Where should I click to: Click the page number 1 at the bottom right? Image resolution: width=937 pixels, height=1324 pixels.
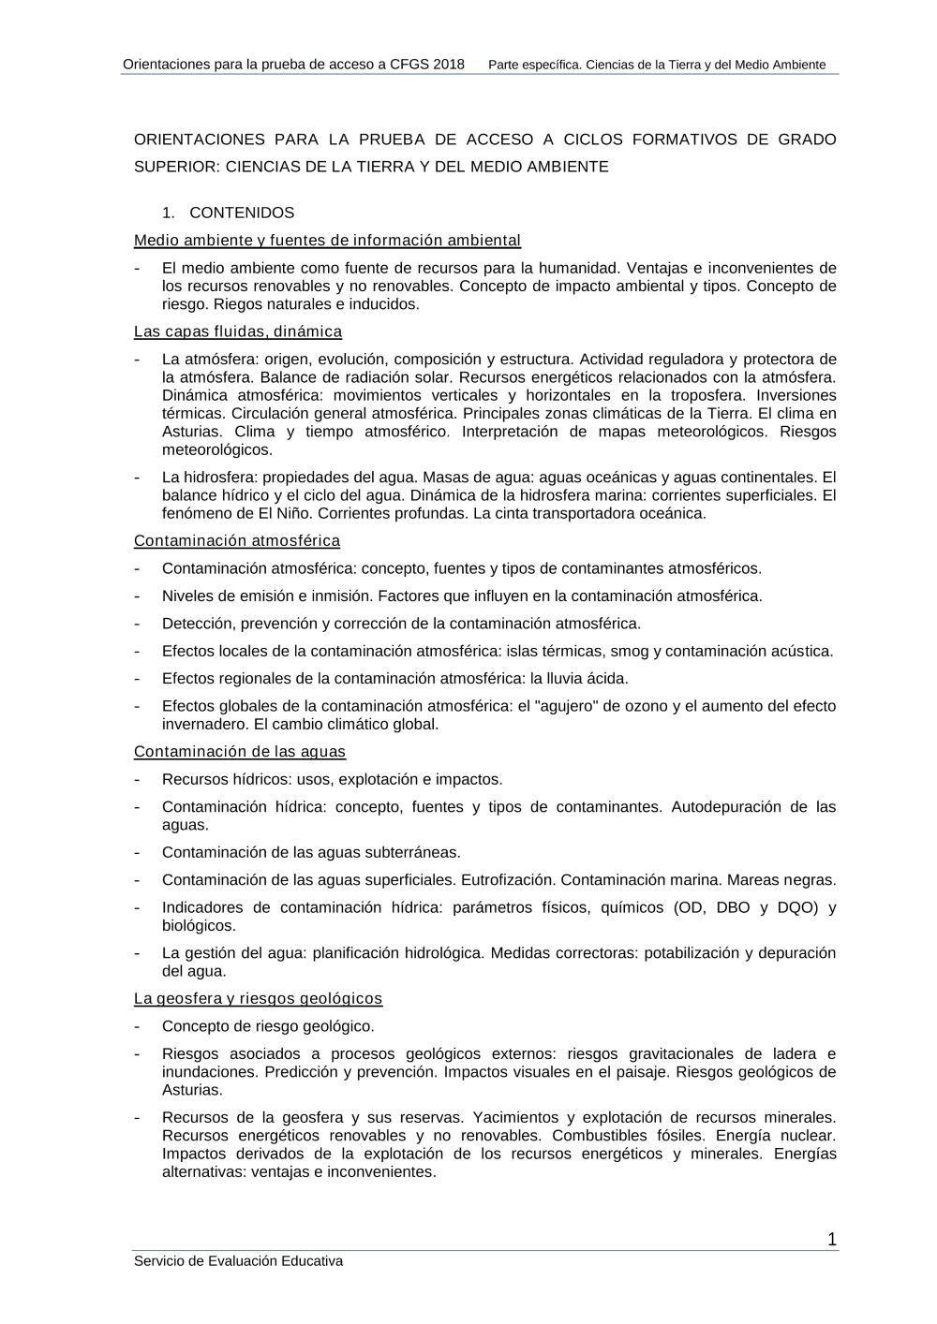(x=832, y=1241)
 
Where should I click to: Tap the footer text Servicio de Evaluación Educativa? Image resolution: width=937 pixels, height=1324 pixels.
(x=238, y=1261)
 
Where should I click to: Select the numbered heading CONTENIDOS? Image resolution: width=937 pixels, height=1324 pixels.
(x=242, y=213)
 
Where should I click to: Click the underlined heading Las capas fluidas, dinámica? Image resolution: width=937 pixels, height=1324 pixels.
(x=238, y=331)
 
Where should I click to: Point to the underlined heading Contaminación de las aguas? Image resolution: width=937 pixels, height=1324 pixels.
(x=240, y=752)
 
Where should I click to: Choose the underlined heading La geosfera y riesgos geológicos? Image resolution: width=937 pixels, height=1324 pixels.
(x=258, y=999)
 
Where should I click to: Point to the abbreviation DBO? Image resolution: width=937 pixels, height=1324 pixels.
(x=733, y=907)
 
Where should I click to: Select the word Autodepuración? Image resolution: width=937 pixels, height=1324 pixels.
(x=726, y=807)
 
